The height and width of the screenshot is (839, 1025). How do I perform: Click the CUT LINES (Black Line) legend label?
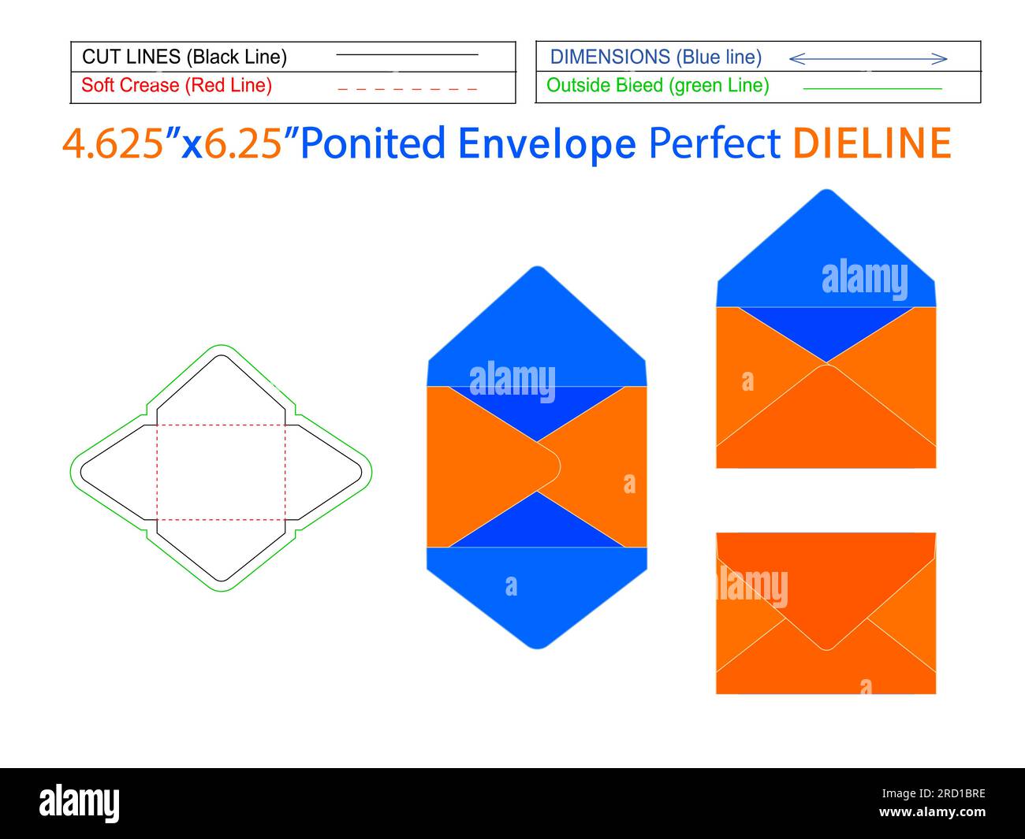tap(184, 57)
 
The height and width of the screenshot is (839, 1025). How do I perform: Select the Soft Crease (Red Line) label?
tap(177, 85)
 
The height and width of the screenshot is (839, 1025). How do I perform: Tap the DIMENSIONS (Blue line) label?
tap(656, 57)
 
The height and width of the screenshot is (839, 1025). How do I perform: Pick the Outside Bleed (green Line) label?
tap(658, 85)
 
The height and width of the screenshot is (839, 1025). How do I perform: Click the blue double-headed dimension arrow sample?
tap(868, 59)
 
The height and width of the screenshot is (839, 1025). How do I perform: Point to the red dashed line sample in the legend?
tap(408, 89)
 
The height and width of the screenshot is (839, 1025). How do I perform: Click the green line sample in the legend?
tap(872, 89)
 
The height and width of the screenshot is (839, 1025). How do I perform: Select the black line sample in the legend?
tap(408, 54)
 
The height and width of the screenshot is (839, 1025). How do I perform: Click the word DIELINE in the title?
tap(872, 143)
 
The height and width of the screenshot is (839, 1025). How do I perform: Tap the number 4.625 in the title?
tap(113, 143)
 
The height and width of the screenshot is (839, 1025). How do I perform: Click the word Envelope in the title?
tap(546, 144)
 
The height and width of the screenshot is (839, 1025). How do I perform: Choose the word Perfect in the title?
tap(714, 143)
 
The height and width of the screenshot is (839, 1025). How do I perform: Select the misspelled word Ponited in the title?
tap(373, 143)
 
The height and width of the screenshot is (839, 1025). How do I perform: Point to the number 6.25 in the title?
tap(243, 143)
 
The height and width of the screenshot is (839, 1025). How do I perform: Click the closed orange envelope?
tap(826, 613)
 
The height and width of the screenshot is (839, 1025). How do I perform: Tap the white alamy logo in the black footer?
tap(79, 803)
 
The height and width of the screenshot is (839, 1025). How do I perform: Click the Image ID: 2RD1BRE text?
tap(933, 793)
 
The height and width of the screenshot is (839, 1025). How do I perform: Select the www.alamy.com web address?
tap(932, 811)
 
